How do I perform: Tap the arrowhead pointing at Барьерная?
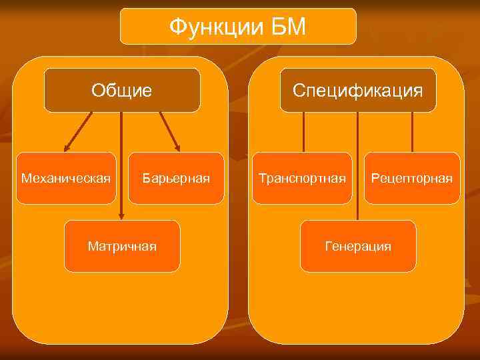coord(177,148)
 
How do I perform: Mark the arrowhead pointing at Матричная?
coord(121,217)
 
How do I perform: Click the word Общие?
coord(122,89)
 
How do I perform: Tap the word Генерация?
coord(358,247)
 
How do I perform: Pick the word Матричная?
coord(122,247)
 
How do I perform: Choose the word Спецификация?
coord(358,89)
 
